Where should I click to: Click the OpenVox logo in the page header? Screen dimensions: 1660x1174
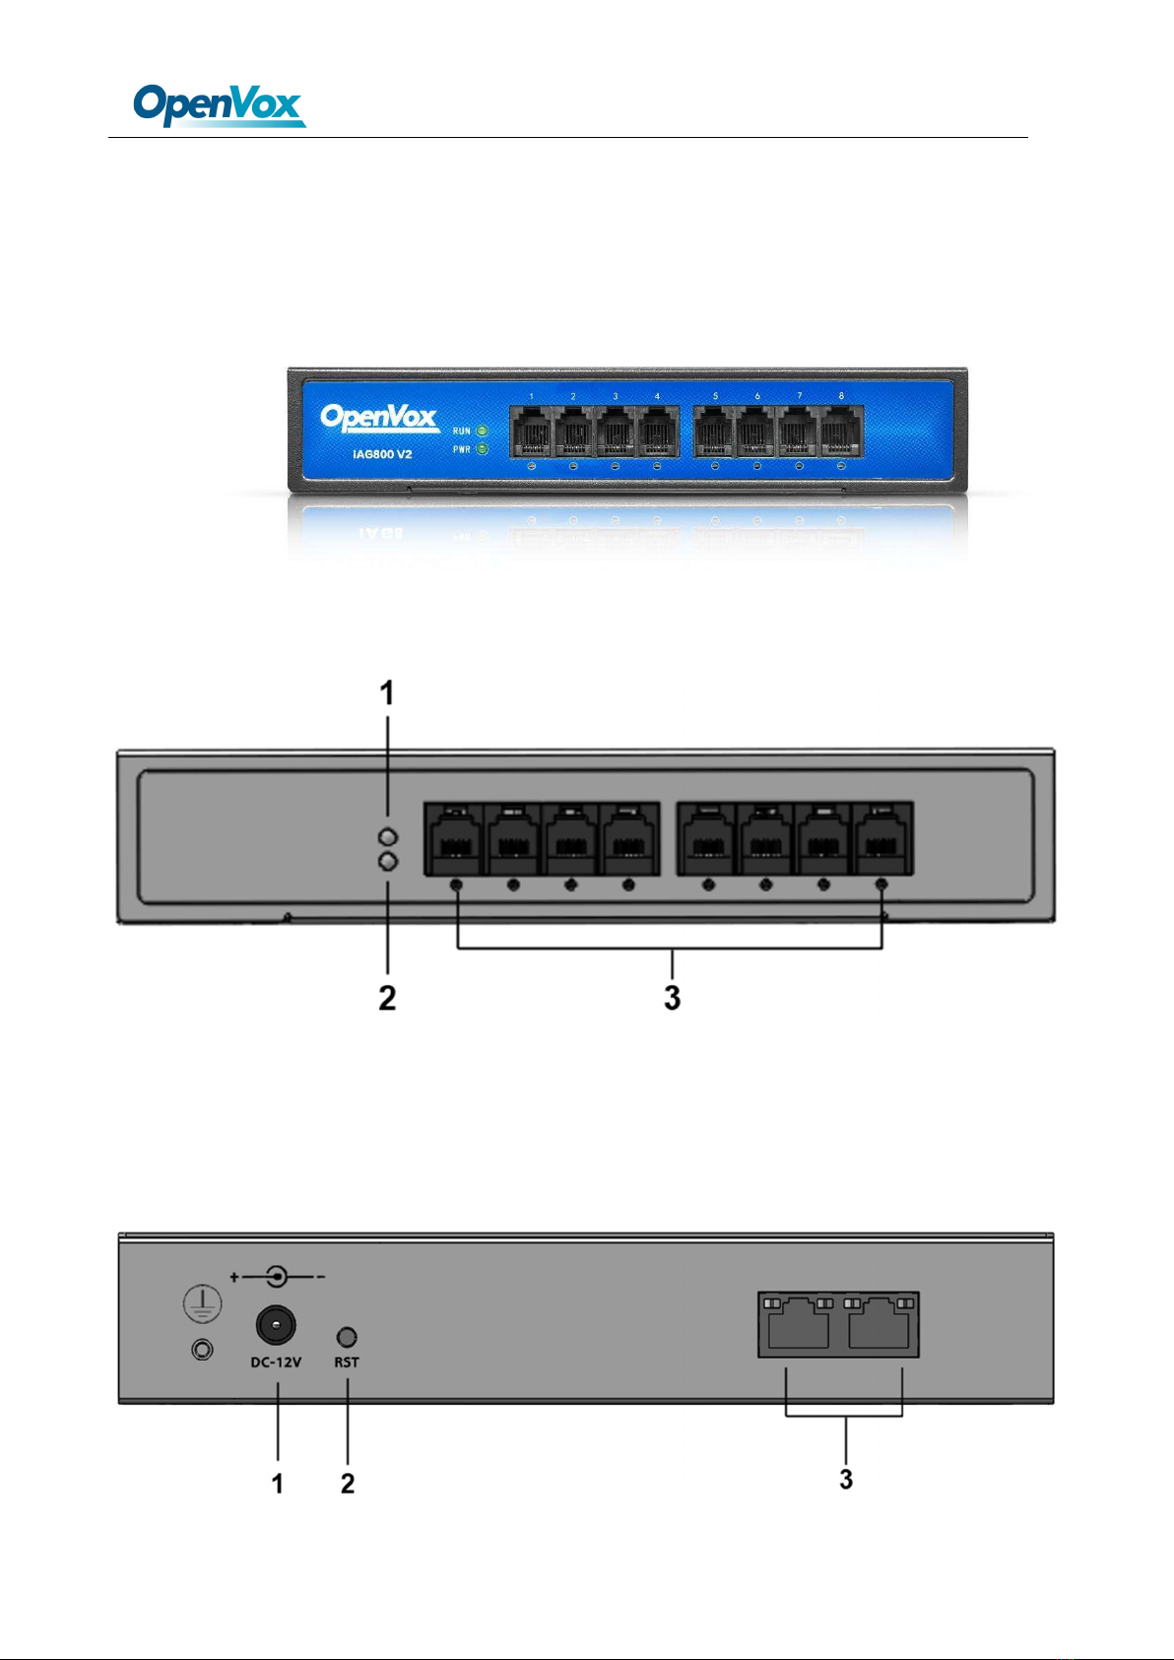(219, 104)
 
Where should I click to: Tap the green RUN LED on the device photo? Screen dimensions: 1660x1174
(482, 431)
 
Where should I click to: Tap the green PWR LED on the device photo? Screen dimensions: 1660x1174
(482, 449)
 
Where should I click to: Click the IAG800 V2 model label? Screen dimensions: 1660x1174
(382, 455)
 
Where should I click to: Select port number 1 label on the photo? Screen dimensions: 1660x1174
(531, 396)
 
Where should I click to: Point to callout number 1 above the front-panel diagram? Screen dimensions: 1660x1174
(387, 694)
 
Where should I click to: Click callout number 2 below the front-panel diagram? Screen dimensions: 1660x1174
(387, 998)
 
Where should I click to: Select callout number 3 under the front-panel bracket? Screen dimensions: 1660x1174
(672, 998)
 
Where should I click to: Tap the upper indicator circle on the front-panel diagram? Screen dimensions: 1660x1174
(387, 836)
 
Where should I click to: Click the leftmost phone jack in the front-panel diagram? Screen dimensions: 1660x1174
(454, 839)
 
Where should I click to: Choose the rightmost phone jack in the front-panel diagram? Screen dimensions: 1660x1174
(883, 839)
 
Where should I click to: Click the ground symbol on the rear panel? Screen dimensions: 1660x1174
(202, 1304)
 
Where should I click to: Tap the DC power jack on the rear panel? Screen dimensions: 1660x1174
(276, 1325)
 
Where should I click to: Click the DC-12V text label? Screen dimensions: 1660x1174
(276, 1362)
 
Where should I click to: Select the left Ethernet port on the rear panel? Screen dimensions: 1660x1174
(799, 1324)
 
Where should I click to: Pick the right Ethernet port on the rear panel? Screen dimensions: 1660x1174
(879, 1324)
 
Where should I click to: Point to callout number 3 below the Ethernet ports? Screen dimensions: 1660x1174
(846, 1479)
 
